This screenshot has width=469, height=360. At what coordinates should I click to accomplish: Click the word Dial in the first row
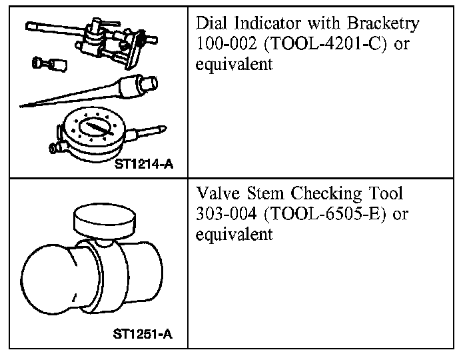coord(211,24)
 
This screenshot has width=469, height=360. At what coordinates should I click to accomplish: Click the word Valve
coord(216,194)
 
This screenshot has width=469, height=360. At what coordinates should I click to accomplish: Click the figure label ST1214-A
coord(143,163)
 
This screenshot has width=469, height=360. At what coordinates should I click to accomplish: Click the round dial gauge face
coord(93,127)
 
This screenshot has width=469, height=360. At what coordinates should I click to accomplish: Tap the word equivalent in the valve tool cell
coord(235,236)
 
